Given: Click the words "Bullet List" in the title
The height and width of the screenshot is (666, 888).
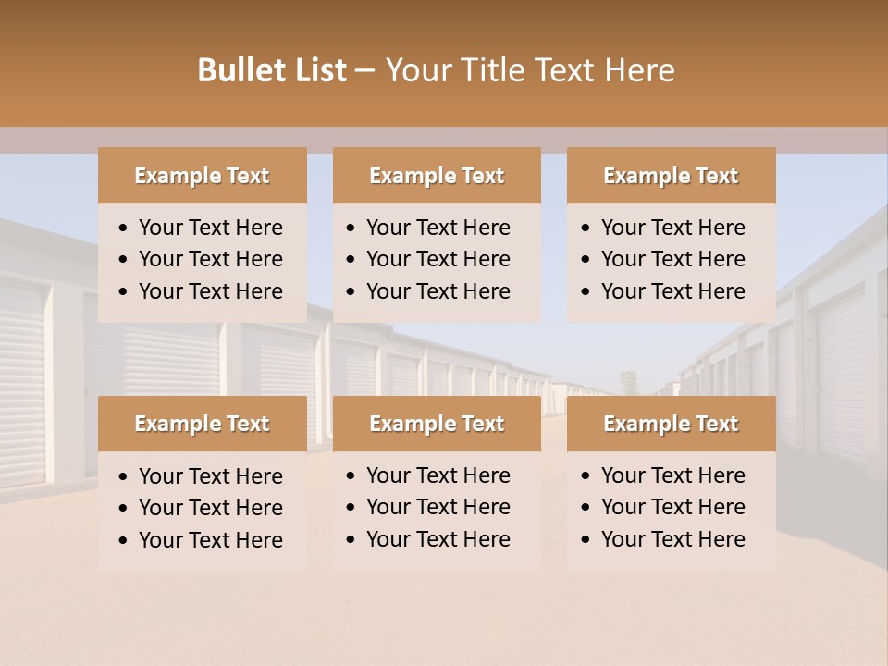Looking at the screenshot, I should (272, 70).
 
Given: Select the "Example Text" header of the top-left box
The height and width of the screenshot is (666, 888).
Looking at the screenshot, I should (202, 176).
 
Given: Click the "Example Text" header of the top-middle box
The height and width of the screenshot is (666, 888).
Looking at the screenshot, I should (437, 176).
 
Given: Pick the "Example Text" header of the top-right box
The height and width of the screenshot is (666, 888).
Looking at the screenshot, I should (671, 176).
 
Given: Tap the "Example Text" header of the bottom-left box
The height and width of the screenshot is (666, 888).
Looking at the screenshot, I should (202, 424).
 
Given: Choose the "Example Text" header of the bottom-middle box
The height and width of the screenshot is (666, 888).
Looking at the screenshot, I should (437, 424).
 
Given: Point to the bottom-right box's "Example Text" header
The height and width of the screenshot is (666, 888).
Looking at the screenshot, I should (671, 424).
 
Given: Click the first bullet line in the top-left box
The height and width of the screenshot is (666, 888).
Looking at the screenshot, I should (210, 228).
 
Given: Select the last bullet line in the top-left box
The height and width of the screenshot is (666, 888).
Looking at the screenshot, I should (210, 291).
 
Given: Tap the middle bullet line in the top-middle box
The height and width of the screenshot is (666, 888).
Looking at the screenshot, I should (438, 259).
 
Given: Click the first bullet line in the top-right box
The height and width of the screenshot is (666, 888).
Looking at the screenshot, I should (672, 228).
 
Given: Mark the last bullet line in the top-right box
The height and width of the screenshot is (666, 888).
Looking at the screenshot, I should (672, 291).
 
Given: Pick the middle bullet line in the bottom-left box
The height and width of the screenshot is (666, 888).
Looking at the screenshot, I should (210, 508).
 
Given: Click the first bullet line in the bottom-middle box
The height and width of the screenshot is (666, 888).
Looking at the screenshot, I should (438, 475).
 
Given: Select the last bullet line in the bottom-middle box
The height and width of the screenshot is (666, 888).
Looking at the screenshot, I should (438, 539).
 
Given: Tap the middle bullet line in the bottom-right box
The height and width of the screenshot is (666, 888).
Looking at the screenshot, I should (672, 507).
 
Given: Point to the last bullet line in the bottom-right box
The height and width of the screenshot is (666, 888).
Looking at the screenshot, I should (672, 539).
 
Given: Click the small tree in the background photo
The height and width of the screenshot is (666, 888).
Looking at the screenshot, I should (629, 380).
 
